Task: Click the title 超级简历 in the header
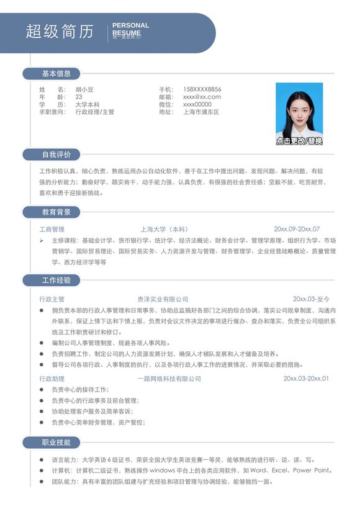(x=60, y=32)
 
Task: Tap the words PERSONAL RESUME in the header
(x=130, y=29)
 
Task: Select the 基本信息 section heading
(x=56, y=74)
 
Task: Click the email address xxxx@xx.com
(x=202, y=97)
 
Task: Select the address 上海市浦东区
(x=201, y=112)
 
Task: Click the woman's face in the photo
(x=299, y=109)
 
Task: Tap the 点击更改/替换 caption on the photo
(x=299, y=141)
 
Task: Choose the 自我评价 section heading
(x=56, y=155)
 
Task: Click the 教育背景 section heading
(x=56, y=212)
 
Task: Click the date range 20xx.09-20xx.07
(x=297, y=229)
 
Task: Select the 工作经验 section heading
(x=56, y=281)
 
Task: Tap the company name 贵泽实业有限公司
(x=163, y=299)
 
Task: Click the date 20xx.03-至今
(x=311, y=299)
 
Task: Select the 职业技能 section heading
(x=56, y=443)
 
